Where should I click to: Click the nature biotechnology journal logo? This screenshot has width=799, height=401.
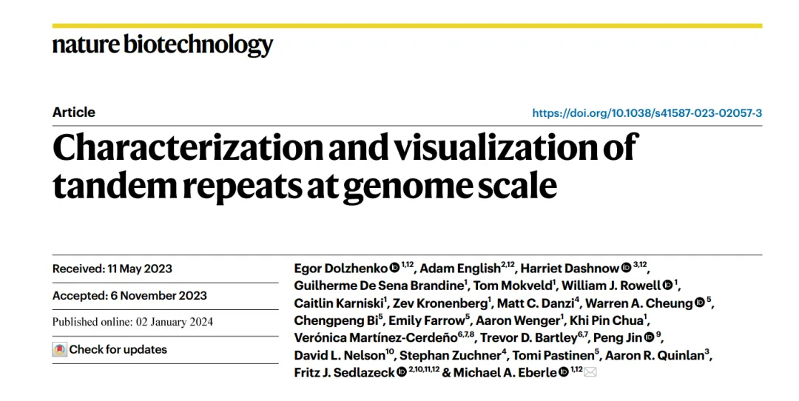pyautogui.click(x=163, y=45)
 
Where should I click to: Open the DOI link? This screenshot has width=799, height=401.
pyautogui.click(x=647, y=113)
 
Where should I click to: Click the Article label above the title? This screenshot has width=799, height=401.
pyautogui.click(x=74, y=112)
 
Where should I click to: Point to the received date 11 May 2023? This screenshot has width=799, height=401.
pyautogui.click(x=141, y=269)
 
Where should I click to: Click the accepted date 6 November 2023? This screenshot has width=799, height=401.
pyautogui.click(x=159, y=295)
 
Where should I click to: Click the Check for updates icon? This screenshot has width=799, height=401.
pyautogui.click(x=60, y=349)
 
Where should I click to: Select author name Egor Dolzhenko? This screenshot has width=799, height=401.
pyautogui.click(x=341, y=269)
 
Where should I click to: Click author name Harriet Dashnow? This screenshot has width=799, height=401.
pyautogui.click(x=570, y=269)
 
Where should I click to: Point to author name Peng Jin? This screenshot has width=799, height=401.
pyautogui.click(x=618, y=338)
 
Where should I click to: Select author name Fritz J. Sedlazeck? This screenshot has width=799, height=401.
pyautogui.click(x=344, y=373)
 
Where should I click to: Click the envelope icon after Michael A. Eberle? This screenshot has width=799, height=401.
pyautogui.click(x=590, y=372)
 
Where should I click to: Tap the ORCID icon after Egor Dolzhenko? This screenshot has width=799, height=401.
pyautogui.click(x=394, y=268)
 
